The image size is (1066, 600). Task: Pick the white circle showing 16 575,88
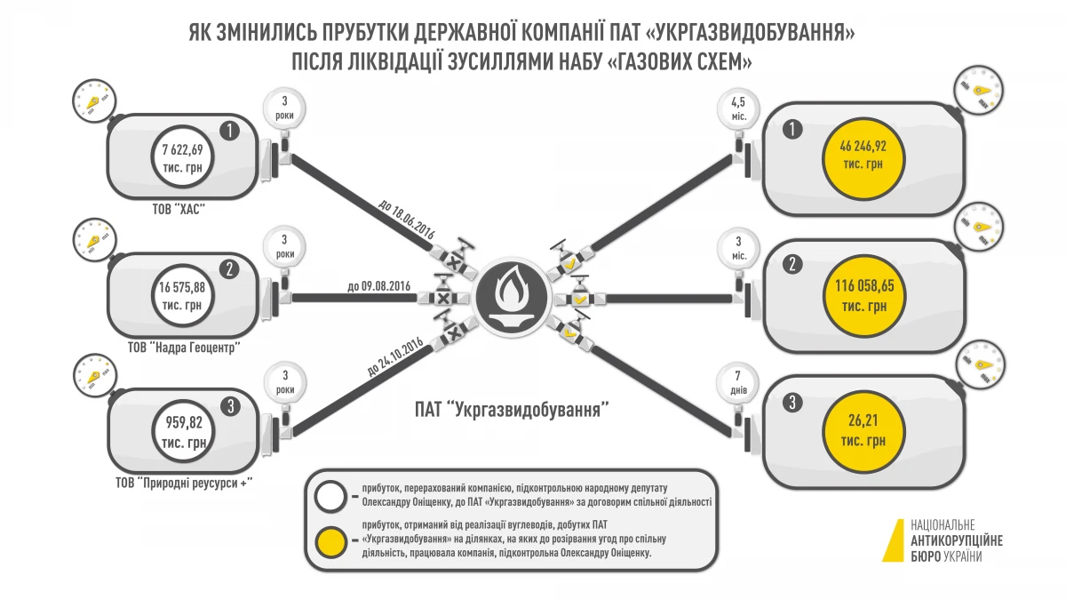click(x=184, y=295)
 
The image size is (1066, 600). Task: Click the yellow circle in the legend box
click(x=331, y=540)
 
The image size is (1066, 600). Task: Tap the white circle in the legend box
click(x=331, y=494)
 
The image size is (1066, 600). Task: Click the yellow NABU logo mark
click(x=892, y=540)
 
